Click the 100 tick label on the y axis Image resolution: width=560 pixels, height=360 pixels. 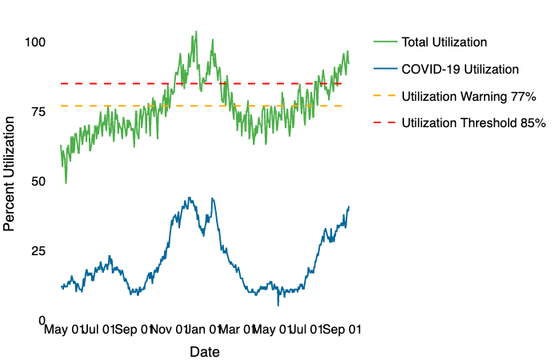tap(34, 42)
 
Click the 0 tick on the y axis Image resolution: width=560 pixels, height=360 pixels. tap(41, 321)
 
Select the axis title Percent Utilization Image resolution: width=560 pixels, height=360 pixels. tap(10, 173)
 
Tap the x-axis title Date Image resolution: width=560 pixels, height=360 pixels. tap(205, 352)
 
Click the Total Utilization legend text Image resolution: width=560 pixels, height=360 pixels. tap(444, 42)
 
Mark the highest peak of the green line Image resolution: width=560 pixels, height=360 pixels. tap(195, 32)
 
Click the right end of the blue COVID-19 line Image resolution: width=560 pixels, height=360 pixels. tap(349, 206)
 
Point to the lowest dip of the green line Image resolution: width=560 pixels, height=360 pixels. tap(66, 183)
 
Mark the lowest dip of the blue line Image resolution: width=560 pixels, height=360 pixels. tap(278, 305)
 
